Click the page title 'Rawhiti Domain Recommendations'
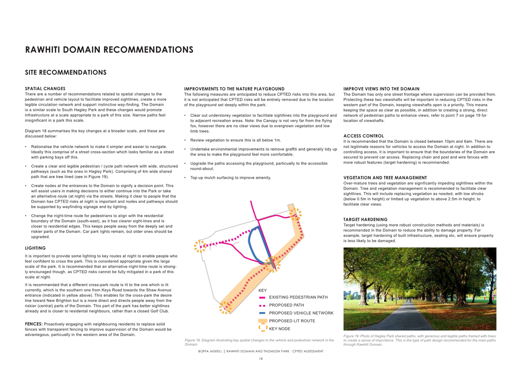[109, 50]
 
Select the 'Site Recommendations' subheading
[66, 72]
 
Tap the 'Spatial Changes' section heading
[45, 89]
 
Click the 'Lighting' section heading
[35, 248]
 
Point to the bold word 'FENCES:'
[34, 324]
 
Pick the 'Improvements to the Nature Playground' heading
[234, 89]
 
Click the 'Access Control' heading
[363, 136]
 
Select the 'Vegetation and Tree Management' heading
[385, 178]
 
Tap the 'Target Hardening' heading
[365, 220]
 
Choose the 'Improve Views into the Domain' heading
[381, 89]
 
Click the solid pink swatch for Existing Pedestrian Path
[262, 298]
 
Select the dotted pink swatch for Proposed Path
[262, 306]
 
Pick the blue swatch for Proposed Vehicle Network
[262, 313]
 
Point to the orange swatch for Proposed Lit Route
[262, 321]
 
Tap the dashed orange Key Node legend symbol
[263, 328]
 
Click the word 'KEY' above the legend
[262, 290]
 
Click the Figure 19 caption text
[419, 340]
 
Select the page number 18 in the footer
[261, 359]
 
